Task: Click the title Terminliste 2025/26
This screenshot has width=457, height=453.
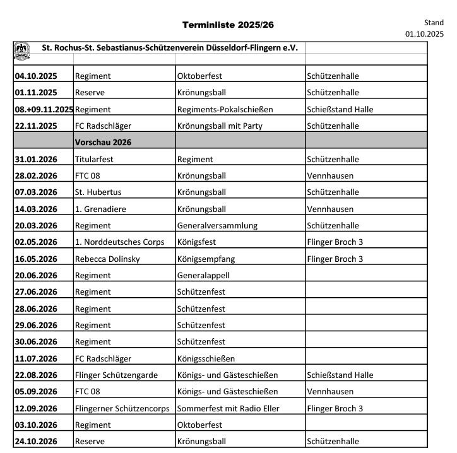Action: click(x=228, y=25)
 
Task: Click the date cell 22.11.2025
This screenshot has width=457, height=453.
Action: click(x=36, y=126)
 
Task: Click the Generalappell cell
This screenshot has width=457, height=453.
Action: click(x=204, y=275)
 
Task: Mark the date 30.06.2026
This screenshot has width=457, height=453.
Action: click(x=36, y=341)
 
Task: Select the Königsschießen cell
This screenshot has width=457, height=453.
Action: click(x=206, y=358)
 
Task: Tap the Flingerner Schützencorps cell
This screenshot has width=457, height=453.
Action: click(x=122, y=408)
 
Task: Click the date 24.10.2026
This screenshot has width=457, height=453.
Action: click(x=36, y=442)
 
